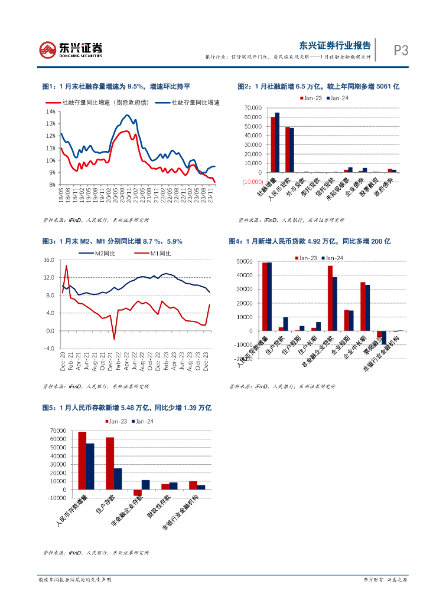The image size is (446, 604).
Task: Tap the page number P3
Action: click(x=401, y=50)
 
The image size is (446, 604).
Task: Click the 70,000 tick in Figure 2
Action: click(x=256, y=108)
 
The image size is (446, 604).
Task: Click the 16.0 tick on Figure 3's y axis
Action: click(x=49, y=260)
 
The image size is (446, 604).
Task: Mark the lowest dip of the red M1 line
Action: click(x=114, y=339)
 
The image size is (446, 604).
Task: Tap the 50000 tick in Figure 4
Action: click(x=245, y=261)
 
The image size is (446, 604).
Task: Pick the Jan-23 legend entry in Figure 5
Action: click(x=116, y=421)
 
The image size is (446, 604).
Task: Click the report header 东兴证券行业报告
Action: click(x=335, y=44)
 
